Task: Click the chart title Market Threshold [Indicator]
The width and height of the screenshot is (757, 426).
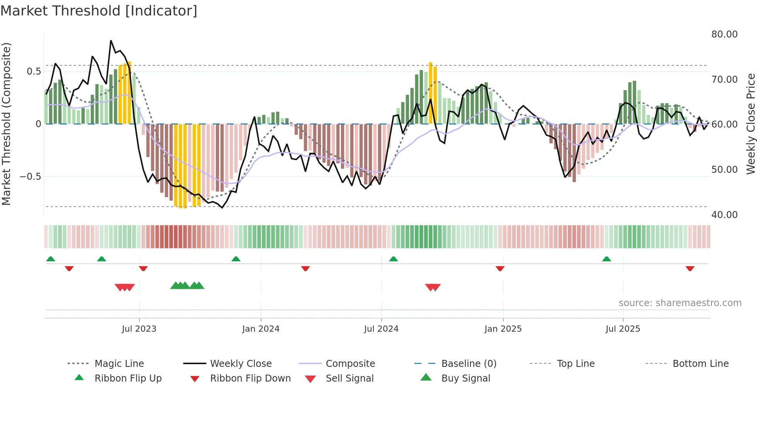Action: click(99, 11)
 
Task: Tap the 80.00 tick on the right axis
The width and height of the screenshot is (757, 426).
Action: click(724, 34)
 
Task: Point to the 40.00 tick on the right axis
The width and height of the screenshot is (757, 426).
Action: click(724, 215)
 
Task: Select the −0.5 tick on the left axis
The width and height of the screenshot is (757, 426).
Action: click(30, 177)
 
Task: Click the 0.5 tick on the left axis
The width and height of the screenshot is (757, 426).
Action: click(34, 72)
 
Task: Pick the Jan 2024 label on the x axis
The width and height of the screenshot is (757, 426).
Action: click(261, 329)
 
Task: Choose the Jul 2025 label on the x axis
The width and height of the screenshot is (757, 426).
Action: click(623, 329)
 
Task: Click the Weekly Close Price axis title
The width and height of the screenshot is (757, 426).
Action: click(750, 124)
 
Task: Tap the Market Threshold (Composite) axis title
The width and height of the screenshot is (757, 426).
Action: click(6, 124)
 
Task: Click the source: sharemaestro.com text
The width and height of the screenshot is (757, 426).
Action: click(680, 303)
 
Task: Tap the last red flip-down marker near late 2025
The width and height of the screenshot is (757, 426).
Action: click(690, 268)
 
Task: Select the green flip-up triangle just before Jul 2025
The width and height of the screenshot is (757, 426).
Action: click(606, 259)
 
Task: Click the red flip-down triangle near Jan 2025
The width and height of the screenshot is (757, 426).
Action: click(500, 268)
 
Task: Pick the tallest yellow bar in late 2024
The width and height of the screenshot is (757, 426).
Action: click(431, 93)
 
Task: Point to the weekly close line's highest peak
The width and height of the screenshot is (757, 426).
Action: click(111, 41)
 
